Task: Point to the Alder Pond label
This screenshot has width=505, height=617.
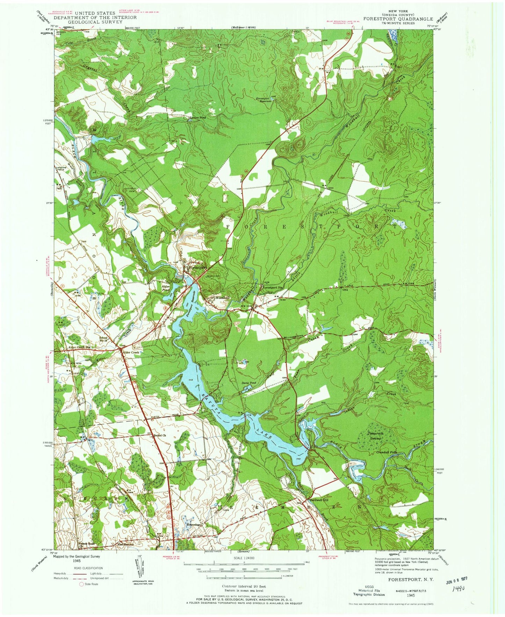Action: point(166,288)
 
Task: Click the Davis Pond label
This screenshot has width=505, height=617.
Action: point(249,383)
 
